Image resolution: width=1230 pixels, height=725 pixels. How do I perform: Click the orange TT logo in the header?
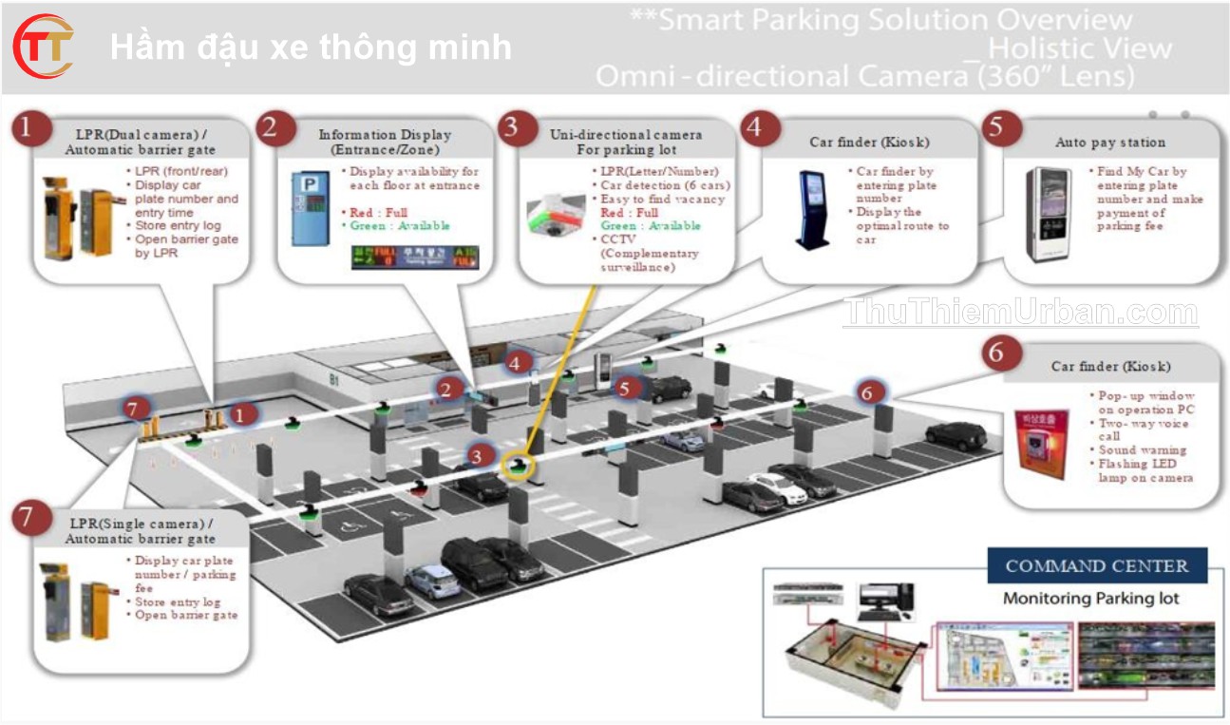[x=44, y=47]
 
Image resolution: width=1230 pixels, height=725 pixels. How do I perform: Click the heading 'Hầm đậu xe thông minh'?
[x=311, y=48]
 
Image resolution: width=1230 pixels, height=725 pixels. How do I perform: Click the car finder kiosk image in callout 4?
[x=814, y=209]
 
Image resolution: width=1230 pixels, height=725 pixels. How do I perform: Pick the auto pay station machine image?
[x=1052, y=214]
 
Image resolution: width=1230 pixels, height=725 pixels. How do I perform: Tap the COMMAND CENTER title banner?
[x=1097, y=566]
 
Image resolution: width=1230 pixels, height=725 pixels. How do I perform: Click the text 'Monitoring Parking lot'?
[x=1090, y=599]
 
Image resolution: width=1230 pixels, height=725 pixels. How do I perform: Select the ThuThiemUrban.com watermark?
[x=1020, y=313]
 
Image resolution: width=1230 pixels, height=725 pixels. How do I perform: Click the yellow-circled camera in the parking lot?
[x=519, y=466]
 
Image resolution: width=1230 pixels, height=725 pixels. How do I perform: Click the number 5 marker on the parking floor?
[x=624, y=387]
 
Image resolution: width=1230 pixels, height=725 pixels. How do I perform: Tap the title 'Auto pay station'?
[x=1110, y=143]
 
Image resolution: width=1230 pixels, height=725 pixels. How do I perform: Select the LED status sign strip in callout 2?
[x=415, y=257]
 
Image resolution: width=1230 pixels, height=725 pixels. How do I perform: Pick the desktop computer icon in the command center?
[x=884, y=600]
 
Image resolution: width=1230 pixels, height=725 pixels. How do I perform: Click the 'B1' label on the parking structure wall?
[x=334, y=379]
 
